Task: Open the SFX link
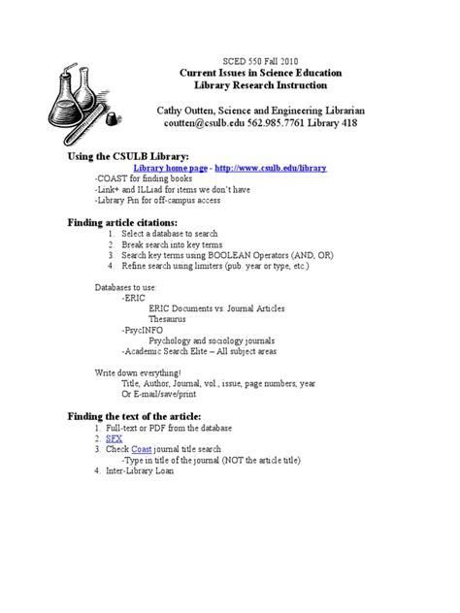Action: point(128,438)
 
